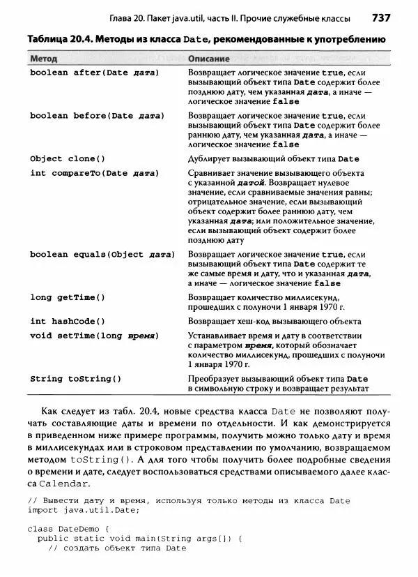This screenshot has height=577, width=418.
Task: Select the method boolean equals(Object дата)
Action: (102, 255)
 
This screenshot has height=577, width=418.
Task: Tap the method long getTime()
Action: (68, 297)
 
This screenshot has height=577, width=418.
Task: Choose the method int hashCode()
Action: (68, 321)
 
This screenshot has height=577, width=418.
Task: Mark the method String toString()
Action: (75, 379)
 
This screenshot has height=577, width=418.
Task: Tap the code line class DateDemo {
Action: (68, 529)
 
